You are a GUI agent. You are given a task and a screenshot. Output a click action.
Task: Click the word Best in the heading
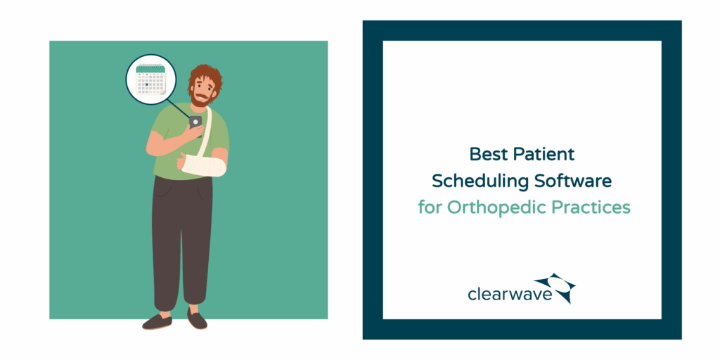point(486,154)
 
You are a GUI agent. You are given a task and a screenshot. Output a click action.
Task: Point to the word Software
point(572,181)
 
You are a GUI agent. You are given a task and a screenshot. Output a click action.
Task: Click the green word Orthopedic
point(496,208)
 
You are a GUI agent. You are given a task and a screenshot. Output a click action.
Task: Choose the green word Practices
point(591,207)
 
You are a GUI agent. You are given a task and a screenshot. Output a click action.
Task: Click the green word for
point(430,207)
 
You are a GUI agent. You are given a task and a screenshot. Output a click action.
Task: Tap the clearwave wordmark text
point(510,294)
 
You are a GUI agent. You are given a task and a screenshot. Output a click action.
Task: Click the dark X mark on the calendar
point(146,84)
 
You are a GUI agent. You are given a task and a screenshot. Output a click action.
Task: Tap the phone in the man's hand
point(195,122)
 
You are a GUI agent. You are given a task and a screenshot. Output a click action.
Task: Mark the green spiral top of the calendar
point(150,68)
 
